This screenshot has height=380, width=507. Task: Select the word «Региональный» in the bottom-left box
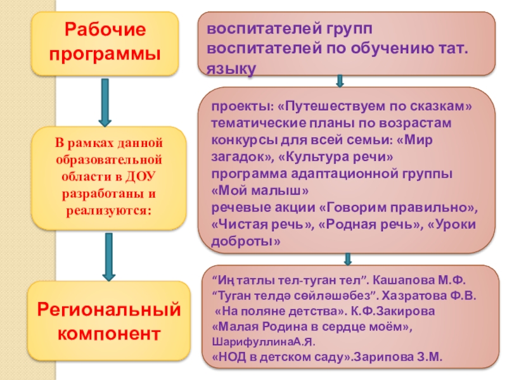pos(108,309)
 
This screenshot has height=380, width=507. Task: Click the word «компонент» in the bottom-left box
pos(108,332)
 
